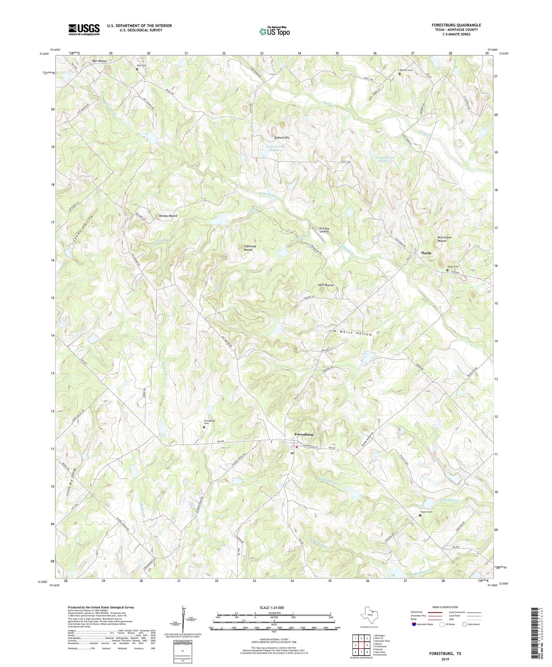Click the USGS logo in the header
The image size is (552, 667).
[x=84, y=29]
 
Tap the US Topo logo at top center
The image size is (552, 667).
[x=274, y=31]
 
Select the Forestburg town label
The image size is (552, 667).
[x=304, y=434]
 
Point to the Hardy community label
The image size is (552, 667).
[x=426, y=253]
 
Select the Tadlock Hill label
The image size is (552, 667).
[x=282, y=138]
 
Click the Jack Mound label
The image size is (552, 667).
[x=326, y=285]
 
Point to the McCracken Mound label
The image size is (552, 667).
[x=444, y=239]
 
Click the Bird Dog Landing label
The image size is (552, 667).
[x=324, y=230]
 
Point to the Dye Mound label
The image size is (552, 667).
[x=99, y=61]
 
